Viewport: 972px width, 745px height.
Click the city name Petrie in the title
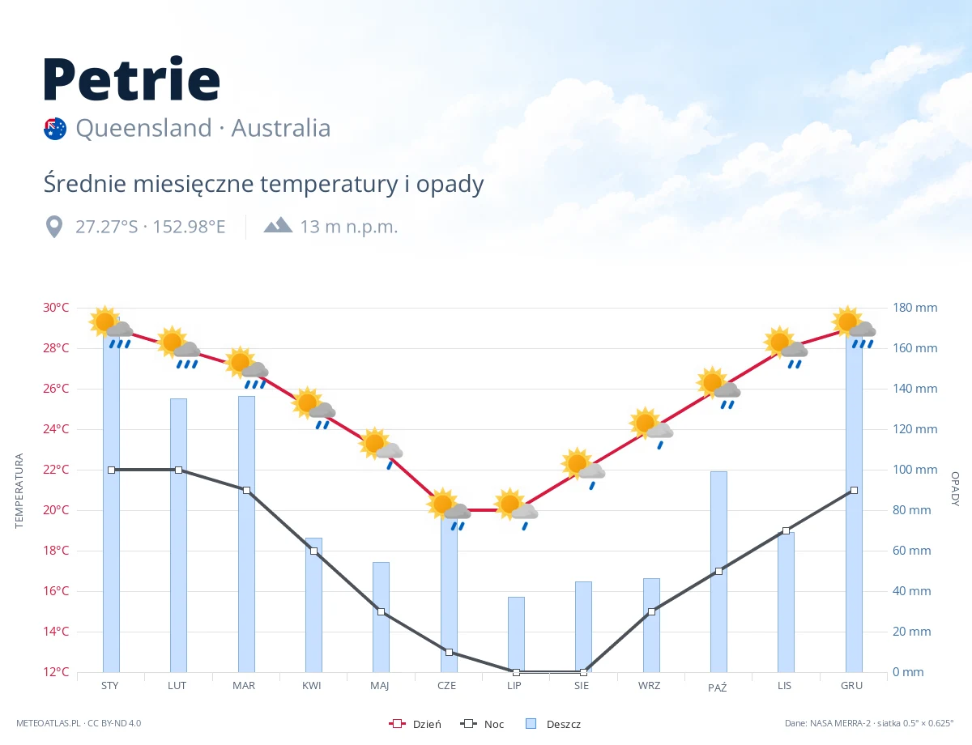click(x=131, y=79)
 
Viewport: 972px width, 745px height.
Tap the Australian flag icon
click(x=55, y=129)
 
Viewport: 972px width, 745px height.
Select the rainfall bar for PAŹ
click(x=718, y=572)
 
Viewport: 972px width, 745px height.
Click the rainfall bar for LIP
click(x=516, y=634)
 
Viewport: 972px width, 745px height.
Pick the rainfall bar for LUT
click(x=178, y=535)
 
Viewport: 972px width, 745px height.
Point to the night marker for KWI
click(x=313, y=551)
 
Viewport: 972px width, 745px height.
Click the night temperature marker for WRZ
click(x=651, y=611)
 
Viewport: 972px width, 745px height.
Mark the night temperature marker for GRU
click(x=854, y=491)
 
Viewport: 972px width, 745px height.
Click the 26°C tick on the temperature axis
click(x=56, y=388)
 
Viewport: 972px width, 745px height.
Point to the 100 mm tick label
click(x=914, y=470)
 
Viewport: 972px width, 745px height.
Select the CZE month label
click(x=446, y=686)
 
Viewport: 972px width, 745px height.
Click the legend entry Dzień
click(x=415, y=724)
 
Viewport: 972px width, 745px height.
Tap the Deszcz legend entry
click(x=553, y=724)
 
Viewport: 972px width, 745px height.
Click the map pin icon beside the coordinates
click(x=54, y=227)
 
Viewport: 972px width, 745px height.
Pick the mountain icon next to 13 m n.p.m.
click(x=278, y=225)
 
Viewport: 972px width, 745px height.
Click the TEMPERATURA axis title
click(x=19, y=491)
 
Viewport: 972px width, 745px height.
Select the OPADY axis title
click(x=955, y=489)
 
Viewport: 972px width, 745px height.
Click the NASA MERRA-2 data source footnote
click(x=869, y=723)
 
